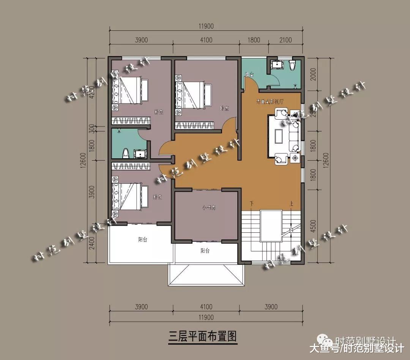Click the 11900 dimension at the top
206,26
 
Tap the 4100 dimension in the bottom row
206,307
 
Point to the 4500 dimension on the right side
313,226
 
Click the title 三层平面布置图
203,336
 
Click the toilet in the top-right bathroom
292,65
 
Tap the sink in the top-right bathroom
277,64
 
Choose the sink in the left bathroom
140,153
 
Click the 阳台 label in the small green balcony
249,75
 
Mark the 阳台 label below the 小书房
205,251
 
